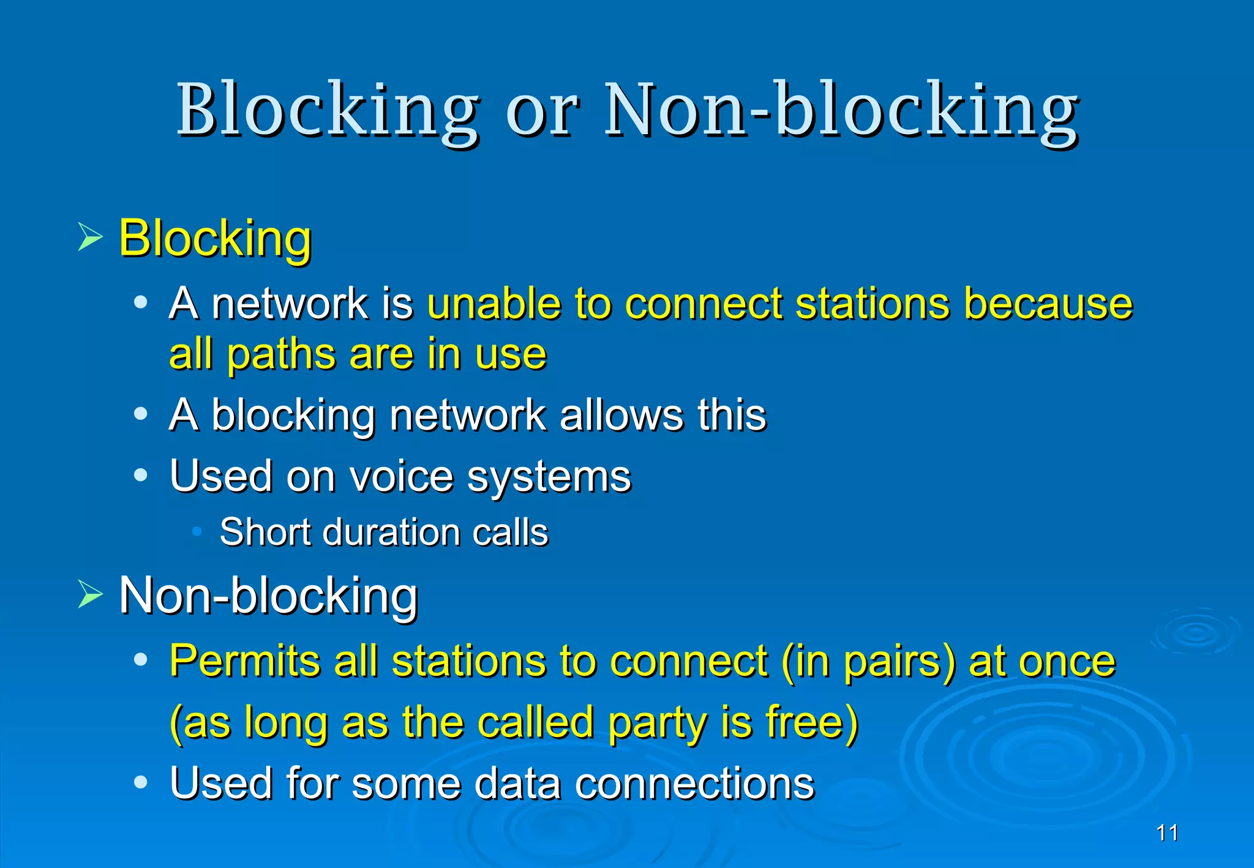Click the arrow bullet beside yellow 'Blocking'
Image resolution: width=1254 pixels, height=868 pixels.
90,237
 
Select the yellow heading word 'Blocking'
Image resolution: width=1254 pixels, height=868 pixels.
215,238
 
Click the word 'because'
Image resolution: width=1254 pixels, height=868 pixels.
1048,304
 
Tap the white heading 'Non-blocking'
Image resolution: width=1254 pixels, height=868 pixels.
268,596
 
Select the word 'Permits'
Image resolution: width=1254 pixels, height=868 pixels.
244,661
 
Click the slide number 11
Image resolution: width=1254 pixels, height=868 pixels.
1167,833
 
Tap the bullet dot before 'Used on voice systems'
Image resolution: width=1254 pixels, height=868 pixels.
141,475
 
